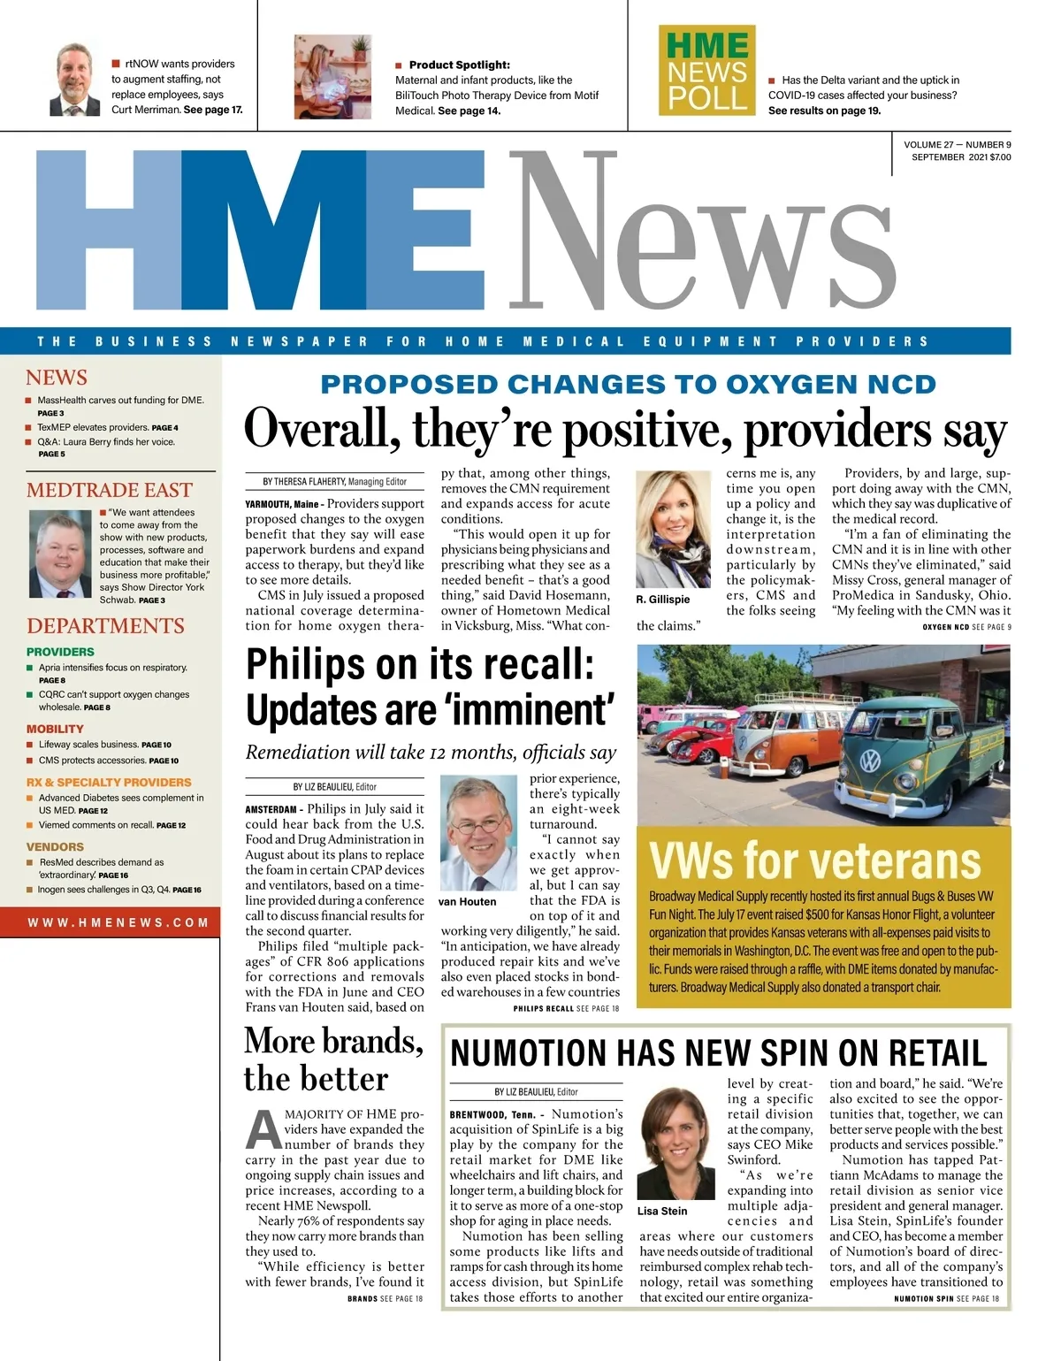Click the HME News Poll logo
click(706, 70)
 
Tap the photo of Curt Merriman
click(74, 80)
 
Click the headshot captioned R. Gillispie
click(673, 529)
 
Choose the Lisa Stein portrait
click(675, 1143)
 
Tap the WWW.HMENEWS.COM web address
click(118, 922)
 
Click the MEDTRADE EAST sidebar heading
click(109, 490)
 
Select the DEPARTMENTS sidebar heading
click(105, 626)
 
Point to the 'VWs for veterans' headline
click(814, 860)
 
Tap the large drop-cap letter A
click(263, 1129)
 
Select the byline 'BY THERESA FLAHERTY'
click(303, 482)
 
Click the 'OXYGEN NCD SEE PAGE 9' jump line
click(966, 627)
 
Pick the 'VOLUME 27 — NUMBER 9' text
click(957, 145)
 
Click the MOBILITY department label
click(55, 729)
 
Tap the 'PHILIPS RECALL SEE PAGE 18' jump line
click(566, 1008)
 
